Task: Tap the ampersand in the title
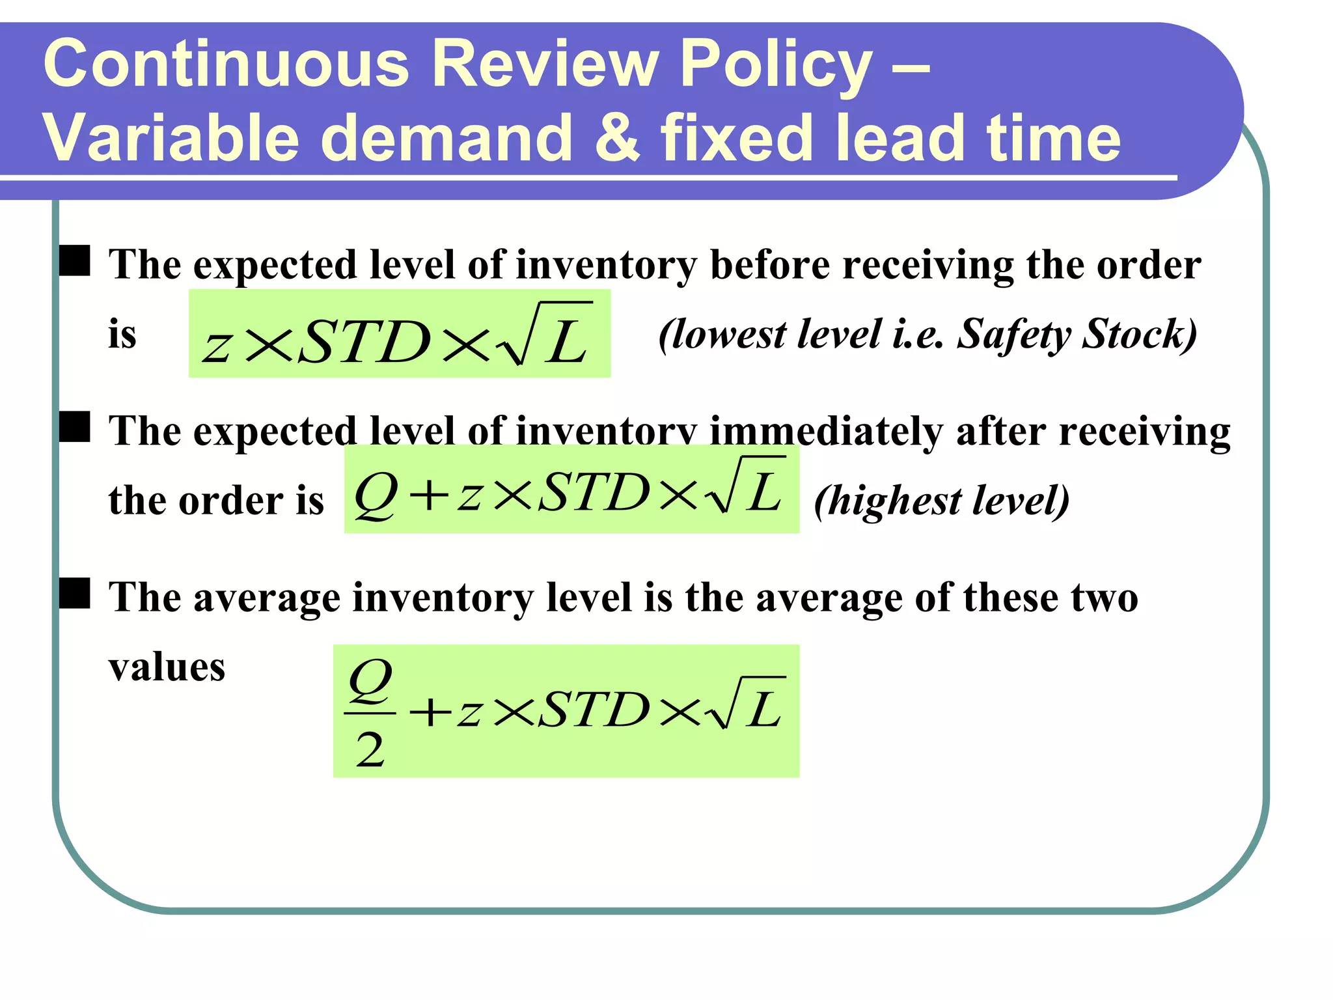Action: coord(616,137)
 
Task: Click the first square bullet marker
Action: coord(75,260)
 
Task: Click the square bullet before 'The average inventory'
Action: coord(75,593)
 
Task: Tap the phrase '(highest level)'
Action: coord(941,501)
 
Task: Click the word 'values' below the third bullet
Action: coord(167,667)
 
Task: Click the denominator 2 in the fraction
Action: coord(370,749)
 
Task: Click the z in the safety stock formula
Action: coord(217,344)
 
